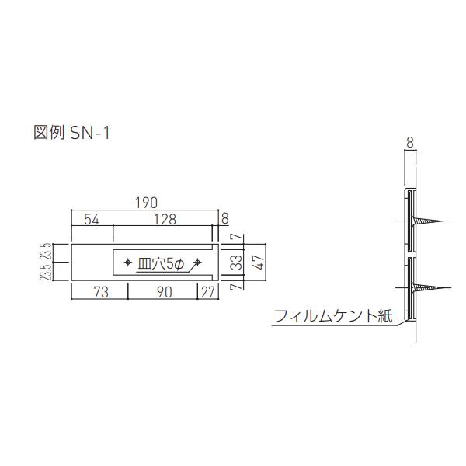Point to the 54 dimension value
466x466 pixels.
pos(92,220)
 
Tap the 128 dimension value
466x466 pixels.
pos(164,220)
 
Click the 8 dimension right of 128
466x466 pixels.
pos(224,218)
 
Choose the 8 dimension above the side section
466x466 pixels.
pos(409,142)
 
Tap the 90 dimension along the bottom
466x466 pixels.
pos(163,293)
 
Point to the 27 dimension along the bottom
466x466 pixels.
pos(207,293)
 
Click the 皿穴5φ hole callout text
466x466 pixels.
pos(162,263)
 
